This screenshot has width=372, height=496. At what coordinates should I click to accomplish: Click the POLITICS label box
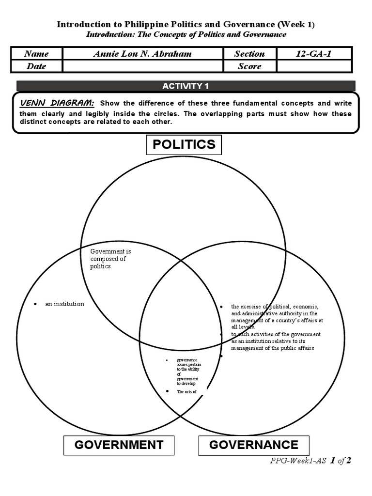click(184, 144)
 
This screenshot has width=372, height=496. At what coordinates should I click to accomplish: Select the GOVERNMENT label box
click(119, 445)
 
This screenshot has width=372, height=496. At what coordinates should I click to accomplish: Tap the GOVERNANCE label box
click(253, 445)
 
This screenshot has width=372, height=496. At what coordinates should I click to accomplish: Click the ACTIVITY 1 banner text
click(186, 86)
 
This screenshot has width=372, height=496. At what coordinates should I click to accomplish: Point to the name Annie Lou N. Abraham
click(142, 54)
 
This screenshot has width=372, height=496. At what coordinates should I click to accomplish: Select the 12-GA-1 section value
click(313, 54)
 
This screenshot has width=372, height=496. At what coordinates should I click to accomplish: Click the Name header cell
click(36, 54)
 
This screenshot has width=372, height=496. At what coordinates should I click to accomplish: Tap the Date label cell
click(36, 66)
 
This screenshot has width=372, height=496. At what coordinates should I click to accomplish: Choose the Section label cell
click(249, 54)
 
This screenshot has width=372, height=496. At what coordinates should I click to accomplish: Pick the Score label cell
click(249, 66)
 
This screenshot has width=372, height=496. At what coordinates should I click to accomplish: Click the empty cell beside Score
click(313, 66)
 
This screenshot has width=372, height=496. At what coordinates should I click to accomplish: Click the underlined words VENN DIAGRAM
click(57, 103)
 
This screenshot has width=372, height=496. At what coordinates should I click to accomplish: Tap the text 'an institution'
click(64, 304)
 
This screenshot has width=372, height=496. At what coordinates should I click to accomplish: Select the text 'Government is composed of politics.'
click(110, 259)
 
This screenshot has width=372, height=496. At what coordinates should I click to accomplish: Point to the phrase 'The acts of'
click(186, 391)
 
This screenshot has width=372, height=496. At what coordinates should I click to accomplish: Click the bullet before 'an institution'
click(35, 304)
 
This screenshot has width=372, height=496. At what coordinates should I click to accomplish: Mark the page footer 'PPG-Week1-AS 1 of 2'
click(310, 461)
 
